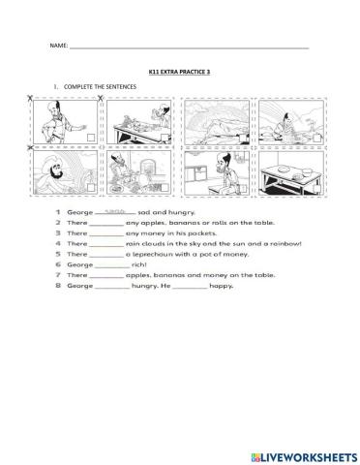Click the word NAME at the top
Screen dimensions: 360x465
click(59, 46)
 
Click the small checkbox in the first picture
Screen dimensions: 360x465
click(90, 139)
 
